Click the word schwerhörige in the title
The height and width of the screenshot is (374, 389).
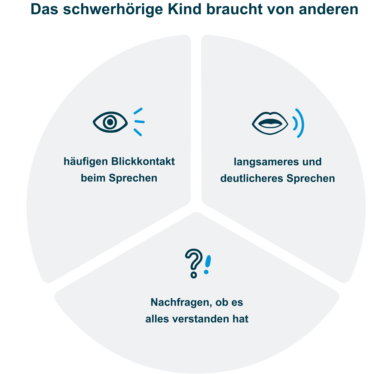[x=113, y=9]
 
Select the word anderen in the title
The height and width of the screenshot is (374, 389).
[x=329, y=9]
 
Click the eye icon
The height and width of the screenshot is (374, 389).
[x=110, y=122]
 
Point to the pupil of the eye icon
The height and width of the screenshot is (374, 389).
[x=110, y=122]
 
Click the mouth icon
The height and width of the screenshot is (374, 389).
[x=270, y=123]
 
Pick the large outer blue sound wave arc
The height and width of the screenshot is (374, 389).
[x=301, y=123]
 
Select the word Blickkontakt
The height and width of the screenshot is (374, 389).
[x=143, y=162]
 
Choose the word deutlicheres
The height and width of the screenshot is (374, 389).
[x=252, y=178]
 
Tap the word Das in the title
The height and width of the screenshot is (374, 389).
[x=44, y=9]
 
